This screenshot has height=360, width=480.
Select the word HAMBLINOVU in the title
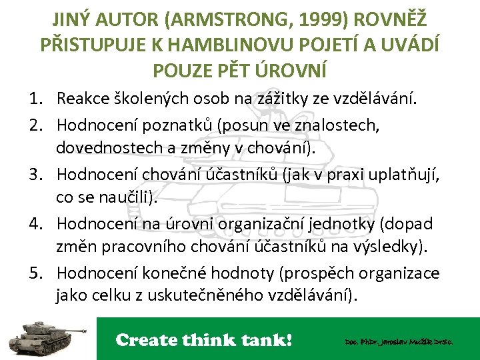pyautogui.click(x=223, y=44)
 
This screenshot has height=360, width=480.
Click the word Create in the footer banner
pyautogui.click(x=147, y=340)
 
